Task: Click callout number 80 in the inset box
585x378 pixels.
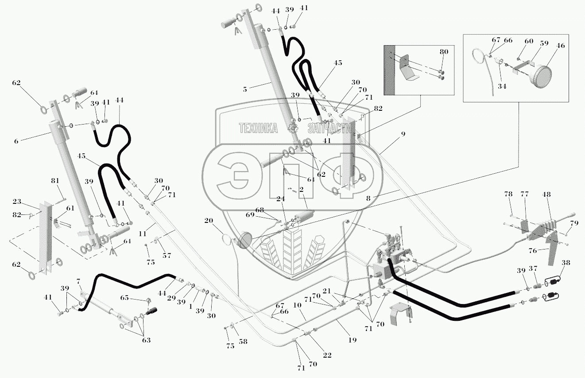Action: click(x=444, y=52)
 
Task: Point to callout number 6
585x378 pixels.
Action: click(x=16, y=141)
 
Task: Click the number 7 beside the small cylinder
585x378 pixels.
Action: click(x=78, y=282)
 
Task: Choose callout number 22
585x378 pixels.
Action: click(x=326, y=355)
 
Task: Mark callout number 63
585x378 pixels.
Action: click(x=146, y=340)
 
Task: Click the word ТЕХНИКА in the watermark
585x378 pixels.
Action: click(x=258, y=129)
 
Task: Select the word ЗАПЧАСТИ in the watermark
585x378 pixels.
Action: click(x=329, y=129)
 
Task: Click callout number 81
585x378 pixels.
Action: click(x=55, y=180)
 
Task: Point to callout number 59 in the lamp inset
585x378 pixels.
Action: click(x=543, y=44)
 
